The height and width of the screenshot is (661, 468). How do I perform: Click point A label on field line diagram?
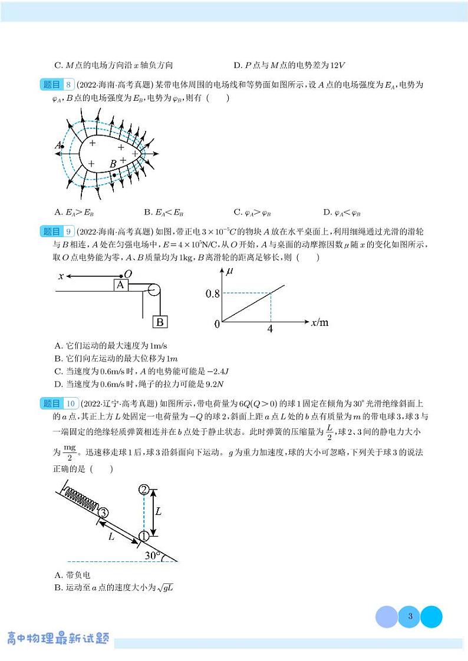coord(58,145)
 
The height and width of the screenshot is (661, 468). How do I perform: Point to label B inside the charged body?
coord(113,164)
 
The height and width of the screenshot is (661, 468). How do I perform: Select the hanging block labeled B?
coord(160,322)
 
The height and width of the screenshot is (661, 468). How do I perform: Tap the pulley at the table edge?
coord(153,290)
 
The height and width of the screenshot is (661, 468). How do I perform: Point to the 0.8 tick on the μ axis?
coord(211,293)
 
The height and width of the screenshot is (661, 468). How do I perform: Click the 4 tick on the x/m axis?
coord(270,329)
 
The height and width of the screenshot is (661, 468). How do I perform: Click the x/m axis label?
coord(319,322)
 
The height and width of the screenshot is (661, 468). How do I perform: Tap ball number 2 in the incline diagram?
coord(143,490)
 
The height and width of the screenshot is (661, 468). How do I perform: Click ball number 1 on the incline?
coord(143,536)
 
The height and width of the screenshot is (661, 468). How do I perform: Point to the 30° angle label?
coord(153,555)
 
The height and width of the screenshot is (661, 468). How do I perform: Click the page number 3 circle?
coord(409,617)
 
